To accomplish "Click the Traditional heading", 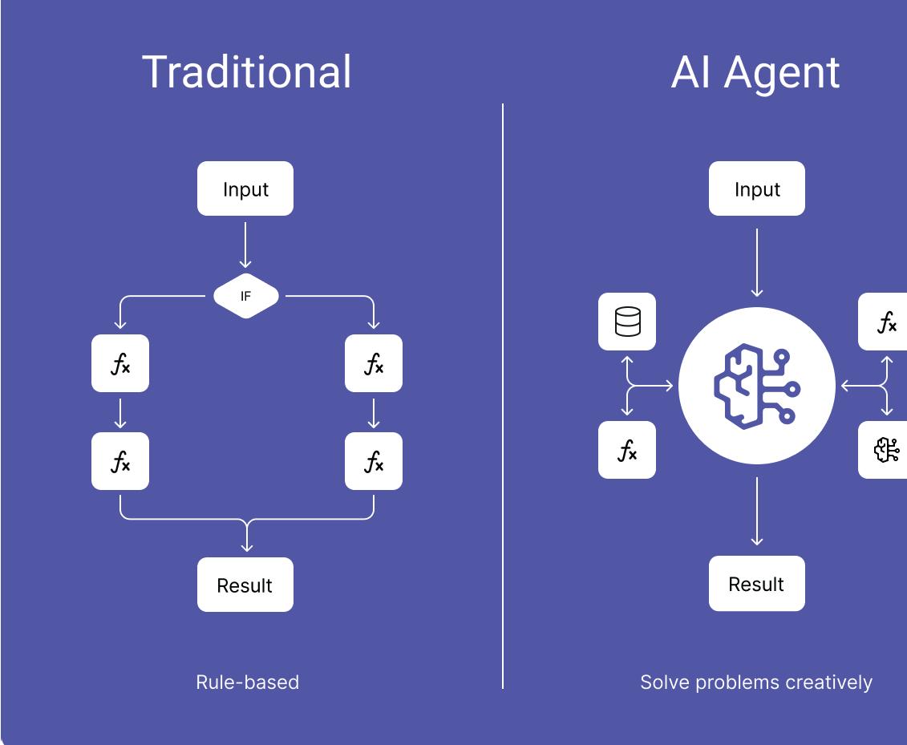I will click(x=246, y=71).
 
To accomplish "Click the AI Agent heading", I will click(x=755, y=71).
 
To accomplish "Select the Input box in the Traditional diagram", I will click(x=245, y=189).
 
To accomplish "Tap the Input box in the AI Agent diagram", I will click(x=756, y=189).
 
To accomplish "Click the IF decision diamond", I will click(x=246, y=297).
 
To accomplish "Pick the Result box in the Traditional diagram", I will click(x=245, y=585).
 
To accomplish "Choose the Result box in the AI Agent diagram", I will click(x=756, y=584).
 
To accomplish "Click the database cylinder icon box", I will click(x=627, y=322).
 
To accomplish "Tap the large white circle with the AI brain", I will click(x=756, y=387).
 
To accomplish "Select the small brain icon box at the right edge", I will click(x=885, y=450).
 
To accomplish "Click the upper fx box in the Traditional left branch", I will click(x=120, y=364).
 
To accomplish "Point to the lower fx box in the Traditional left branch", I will click(x=120, y=461).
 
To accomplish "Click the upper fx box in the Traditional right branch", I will click(x=374, y=364).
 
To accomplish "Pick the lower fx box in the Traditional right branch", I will click(x=374, y=461).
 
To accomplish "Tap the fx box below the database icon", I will click(x=627, y=450).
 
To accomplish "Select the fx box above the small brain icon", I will click(x=885, y=322).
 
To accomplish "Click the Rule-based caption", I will click(x=247, y=682).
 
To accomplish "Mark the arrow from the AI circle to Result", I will click(x=756, y=512).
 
